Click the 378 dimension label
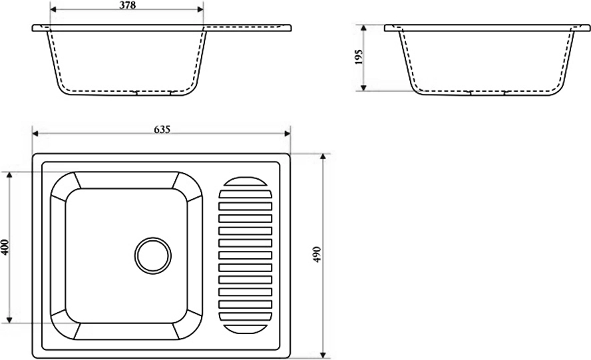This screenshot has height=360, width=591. pos(128,5)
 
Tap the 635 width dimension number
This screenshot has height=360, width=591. pos(162,129)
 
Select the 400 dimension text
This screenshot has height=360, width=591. pos(5,248)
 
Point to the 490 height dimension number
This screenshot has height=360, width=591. pos(317,254)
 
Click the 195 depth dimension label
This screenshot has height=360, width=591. pos(359,57)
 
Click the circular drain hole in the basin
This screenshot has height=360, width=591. pos(153,256)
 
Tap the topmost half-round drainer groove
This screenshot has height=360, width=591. pos(245,182)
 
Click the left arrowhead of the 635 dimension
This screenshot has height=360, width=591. pos(36,134)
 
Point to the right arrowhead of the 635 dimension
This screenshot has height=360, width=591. pos(288,134)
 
